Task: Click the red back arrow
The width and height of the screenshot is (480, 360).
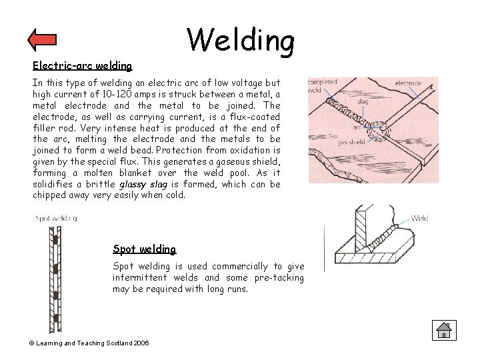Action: point(42,40)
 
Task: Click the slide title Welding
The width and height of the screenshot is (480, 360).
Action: point(240,39)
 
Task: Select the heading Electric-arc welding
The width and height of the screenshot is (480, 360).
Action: point(83,65)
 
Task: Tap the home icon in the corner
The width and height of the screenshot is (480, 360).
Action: point(442,329)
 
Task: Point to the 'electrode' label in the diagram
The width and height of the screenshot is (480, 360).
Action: point(408,84)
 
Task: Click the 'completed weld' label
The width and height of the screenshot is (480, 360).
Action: point(323,86)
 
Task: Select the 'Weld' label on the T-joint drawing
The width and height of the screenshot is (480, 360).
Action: point(420,217)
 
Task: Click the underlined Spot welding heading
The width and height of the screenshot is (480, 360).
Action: point(145,249)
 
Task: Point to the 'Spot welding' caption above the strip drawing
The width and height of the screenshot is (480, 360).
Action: point(56,218)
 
